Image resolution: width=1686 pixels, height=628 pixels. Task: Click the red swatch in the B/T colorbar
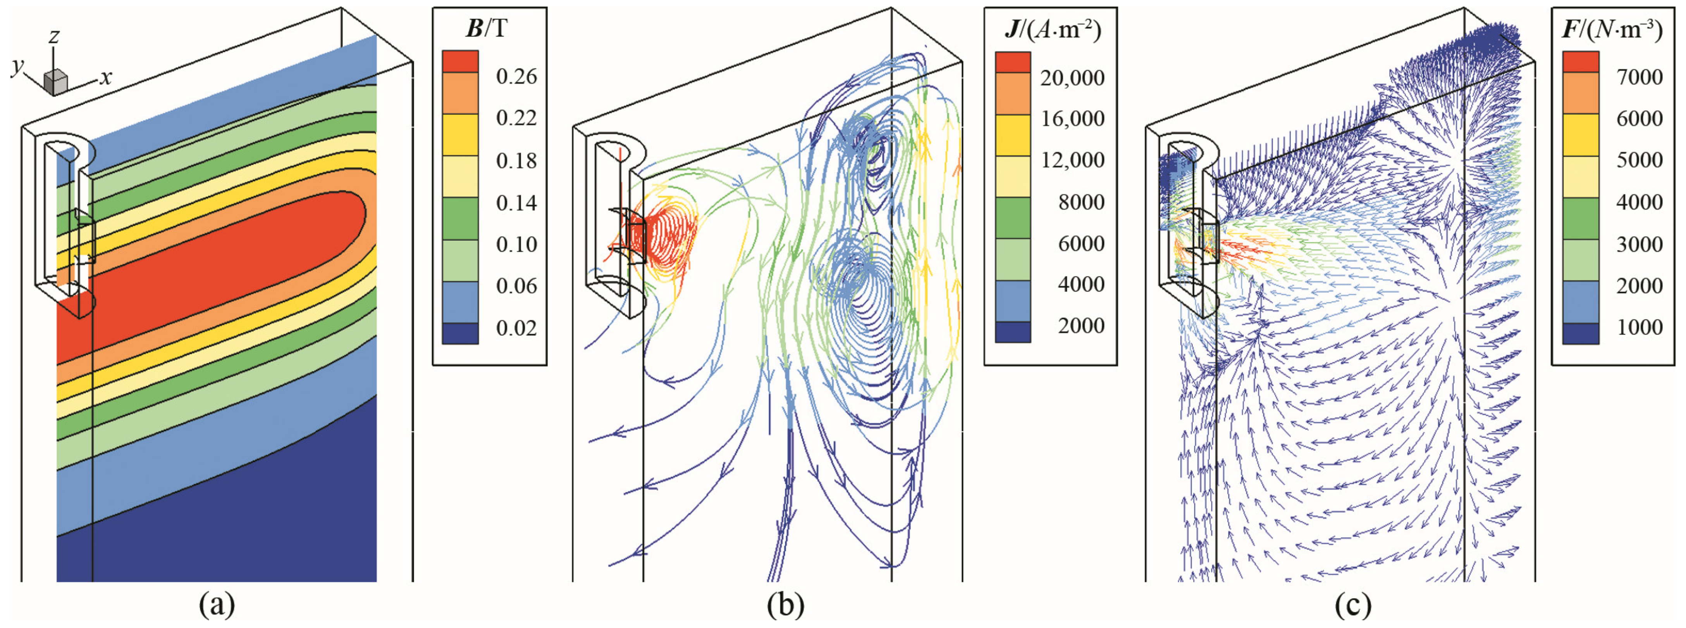pyautogui.click(x=460, y=62)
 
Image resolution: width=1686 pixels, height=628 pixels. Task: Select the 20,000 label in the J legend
pyautogui.click(x=1072, y=78)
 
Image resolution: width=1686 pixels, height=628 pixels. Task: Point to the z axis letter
pyautogui.click(x=54, y=37)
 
